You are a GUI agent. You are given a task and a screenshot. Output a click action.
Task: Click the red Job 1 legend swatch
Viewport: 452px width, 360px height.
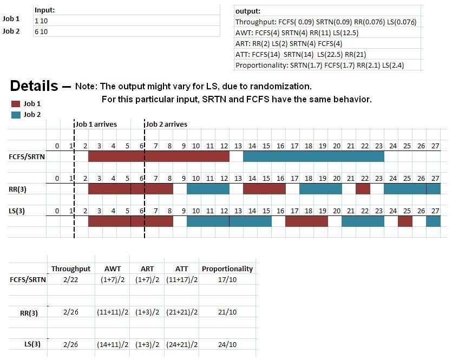pos(16,103)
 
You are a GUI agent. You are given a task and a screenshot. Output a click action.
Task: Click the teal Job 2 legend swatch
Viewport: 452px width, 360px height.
pos(16,114)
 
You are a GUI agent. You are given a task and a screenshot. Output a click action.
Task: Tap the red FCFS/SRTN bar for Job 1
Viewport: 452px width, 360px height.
pos(159,156)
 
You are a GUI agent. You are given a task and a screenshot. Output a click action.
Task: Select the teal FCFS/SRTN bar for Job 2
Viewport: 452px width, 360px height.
pos(313,156)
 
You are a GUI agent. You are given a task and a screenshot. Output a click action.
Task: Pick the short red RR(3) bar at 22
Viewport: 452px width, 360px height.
pos(363,188)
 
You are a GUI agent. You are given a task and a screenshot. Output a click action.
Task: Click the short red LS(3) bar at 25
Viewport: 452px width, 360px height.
pos(405,221)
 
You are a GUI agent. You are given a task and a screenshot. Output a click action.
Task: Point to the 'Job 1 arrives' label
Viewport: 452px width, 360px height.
pos(96,124)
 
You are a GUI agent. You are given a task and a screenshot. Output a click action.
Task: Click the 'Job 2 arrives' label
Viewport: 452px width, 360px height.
pos(166,124)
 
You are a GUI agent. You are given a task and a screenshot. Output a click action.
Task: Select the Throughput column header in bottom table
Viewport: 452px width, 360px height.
pos(70,269)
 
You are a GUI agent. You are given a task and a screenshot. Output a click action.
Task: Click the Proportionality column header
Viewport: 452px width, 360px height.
pos(227,269)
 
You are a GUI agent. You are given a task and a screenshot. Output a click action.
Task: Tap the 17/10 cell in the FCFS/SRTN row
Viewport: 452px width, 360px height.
pos(227,280)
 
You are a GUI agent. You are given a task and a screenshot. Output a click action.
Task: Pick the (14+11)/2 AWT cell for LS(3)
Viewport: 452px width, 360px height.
pos(114,345)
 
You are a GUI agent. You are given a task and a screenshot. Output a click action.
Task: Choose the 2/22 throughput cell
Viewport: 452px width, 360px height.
pos(70,280)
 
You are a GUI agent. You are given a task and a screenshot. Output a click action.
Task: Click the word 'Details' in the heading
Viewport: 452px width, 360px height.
pos(34,86)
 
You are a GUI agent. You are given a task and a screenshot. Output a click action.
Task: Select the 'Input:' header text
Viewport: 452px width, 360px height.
pos(44,10)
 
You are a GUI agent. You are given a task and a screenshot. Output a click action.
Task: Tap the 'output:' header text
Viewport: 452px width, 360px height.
pos(247,11)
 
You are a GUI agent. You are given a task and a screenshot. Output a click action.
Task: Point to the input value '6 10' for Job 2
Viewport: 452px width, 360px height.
pos(41,31)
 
